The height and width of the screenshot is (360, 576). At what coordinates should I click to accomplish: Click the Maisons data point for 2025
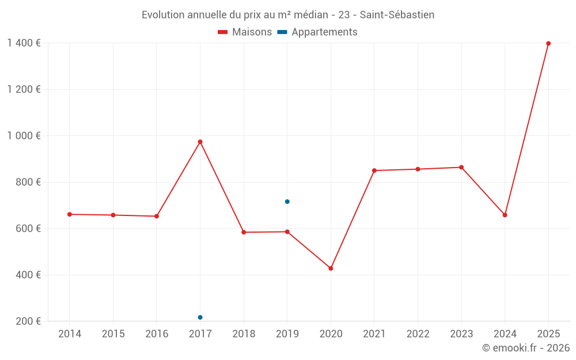(548, 43)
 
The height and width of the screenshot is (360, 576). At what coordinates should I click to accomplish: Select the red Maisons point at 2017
(200, 142)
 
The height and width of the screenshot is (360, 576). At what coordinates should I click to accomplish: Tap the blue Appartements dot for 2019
(287, 202)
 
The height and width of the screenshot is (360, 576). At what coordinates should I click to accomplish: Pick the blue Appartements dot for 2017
(200, 317)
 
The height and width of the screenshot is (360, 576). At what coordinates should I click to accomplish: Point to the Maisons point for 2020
(331, 268)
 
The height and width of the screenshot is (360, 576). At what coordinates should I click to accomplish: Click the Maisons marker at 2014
(69, 214)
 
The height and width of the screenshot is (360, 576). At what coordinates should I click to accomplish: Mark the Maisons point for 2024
(505, 215)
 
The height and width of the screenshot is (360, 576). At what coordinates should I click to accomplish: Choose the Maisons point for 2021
(374, 170)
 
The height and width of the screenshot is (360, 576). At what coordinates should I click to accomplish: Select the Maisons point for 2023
(461, 168)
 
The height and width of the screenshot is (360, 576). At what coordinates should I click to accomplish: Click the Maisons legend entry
(245, 32)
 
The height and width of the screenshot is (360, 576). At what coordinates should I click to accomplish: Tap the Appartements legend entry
(321, 32)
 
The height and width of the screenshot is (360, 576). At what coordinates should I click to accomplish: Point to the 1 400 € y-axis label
(24, 43)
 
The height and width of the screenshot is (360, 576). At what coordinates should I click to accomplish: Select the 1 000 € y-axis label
(24, 136)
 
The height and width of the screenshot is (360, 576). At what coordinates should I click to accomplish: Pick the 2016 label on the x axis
(156, 334)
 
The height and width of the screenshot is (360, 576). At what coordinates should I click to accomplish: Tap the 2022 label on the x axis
(418, 334)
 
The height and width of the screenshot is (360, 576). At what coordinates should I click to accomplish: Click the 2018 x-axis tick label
(243, 334)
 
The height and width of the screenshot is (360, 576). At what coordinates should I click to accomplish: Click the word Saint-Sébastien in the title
(397, 14)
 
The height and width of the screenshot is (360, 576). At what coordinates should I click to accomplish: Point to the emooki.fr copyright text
(526, 348)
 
